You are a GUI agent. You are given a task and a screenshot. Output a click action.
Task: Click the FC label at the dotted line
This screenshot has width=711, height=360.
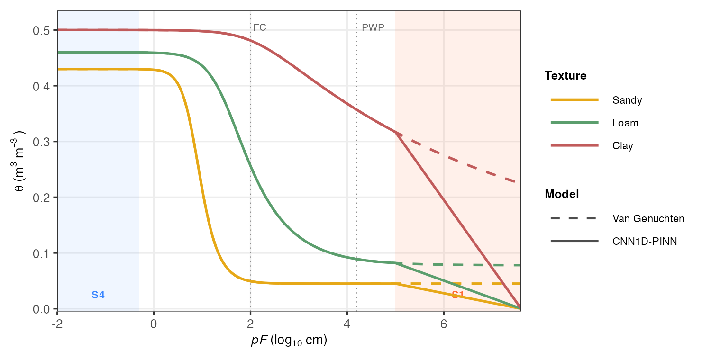click(260, 27)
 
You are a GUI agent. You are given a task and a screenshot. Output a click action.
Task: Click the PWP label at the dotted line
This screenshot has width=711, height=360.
click(373, 27)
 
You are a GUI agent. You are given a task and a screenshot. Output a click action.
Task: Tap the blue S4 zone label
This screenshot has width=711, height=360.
click(98, 295)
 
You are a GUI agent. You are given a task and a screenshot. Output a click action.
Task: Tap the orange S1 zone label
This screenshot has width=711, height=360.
click(457, 295)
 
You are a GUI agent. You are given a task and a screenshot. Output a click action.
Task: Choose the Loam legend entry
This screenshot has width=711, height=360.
click(625, 123)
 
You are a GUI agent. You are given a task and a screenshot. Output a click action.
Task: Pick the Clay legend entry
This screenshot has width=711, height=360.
click(622, 146)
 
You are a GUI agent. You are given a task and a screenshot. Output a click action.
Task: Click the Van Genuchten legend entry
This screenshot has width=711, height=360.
click(648, 218)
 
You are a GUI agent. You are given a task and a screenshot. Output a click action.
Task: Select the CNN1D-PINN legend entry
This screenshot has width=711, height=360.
click(645, 242)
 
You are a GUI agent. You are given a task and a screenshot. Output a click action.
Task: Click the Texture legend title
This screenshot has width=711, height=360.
click(565, 76)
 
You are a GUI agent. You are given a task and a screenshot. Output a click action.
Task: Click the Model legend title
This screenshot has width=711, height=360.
click(562, 194)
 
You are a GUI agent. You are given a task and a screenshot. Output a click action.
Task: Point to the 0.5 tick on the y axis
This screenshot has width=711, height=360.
click(43, 30)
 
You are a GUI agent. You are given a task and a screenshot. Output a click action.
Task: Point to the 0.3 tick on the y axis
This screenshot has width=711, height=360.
click(43, 142)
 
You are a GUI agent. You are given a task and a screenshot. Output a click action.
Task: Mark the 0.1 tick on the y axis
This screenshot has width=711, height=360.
click(43, 253)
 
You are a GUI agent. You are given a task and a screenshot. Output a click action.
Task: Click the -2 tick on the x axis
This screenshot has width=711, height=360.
click(57, 325)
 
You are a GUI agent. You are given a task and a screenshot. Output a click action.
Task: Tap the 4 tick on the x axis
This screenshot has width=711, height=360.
click(347, 325)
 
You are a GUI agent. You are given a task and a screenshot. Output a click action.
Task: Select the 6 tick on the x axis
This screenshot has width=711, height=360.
click(444, 325)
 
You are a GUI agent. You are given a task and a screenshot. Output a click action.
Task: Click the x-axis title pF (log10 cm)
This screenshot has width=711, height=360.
click(289, 341)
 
